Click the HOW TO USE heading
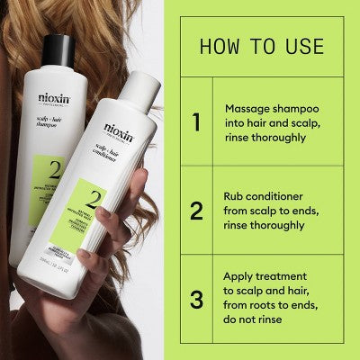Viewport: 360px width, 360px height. coord(261,44)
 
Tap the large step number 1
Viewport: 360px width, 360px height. coord(196,121)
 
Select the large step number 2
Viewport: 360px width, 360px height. coord(196,211)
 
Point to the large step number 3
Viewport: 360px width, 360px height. coord(196,300)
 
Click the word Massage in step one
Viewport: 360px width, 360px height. coord(247,106)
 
